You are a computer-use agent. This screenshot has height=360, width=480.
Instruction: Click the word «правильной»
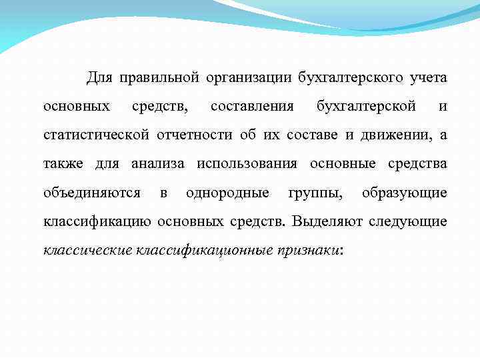(159, 79)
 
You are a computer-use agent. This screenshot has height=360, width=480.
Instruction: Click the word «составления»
(252, 107)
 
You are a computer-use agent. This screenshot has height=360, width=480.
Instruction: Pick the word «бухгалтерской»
(366, 107)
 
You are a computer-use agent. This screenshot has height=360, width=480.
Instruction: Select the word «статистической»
(95, 136)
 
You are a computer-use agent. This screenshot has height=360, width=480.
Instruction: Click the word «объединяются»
(91, 193)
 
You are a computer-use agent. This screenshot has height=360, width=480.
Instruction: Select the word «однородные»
(227, 193)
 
